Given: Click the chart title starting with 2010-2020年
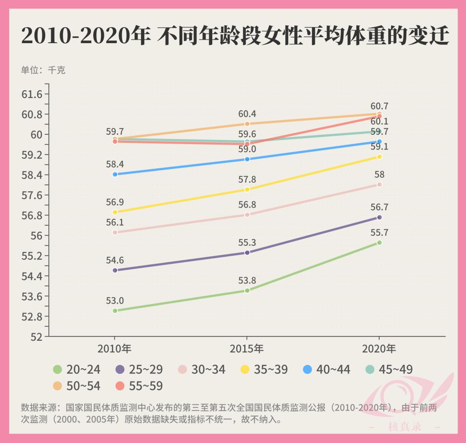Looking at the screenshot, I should (x=235, y=36).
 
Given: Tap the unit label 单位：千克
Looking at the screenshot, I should (x=43, y=70).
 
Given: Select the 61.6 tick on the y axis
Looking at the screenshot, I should (x=32, y=94).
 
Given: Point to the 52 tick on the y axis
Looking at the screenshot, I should (x=36, y=337).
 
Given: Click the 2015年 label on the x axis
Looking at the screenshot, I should (x=247, y=348).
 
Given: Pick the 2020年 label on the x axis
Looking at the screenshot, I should (x=379, y=348).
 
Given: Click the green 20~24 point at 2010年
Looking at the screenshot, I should (x=115, y=311).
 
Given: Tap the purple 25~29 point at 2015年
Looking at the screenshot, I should (x=247, y=253).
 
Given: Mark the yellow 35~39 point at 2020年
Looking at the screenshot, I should (x=379, y=157).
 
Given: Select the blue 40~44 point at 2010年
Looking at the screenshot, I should (x=115, y=174).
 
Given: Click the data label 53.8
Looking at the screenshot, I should (x=247, y=281).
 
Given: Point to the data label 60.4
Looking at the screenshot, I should (x=247, y=114).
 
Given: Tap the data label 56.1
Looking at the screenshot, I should (x=115, y=222).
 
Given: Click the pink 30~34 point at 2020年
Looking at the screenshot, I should (x=379, y=185).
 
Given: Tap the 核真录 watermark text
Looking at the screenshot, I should (x=404, y=427).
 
